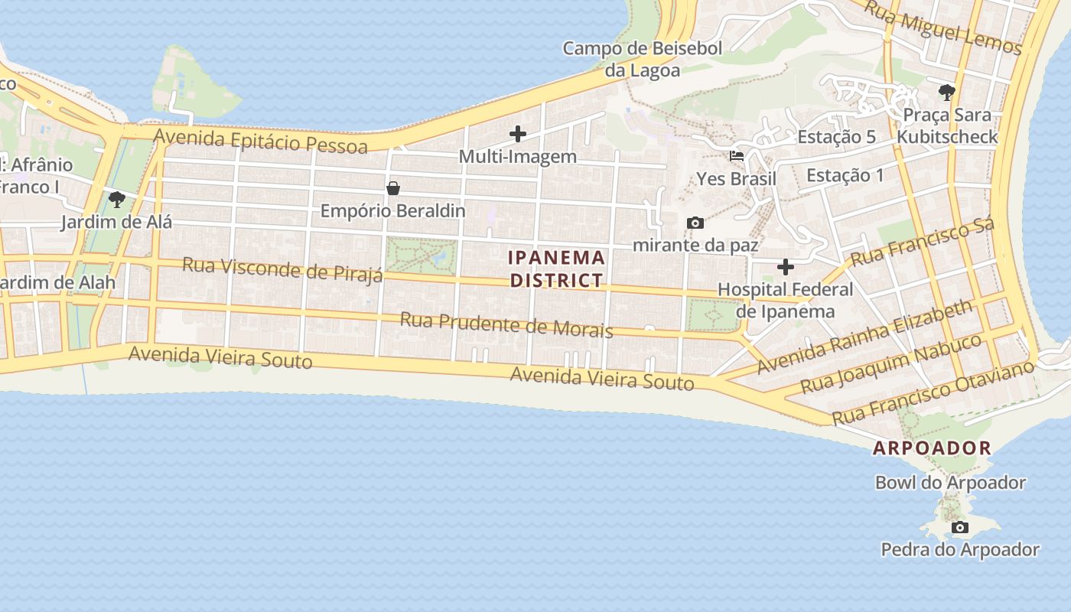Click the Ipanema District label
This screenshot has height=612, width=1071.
(557, 269)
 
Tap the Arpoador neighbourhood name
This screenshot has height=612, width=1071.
(932, 448)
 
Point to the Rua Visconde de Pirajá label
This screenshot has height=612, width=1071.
(282, 269)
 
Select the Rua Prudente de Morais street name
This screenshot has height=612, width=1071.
(506, 324)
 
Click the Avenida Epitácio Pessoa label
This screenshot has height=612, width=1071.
(261, 141)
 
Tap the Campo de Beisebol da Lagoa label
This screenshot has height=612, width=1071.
(643, 59)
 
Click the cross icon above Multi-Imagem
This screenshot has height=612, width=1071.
(518, 134)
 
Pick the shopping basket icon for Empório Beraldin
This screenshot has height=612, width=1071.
(393, 188)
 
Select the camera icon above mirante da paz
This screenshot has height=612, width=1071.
(695, 223)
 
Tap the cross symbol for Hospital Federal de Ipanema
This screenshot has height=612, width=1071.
(786, 267)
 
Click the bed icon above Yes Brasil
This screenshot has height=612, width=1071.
(737, 156)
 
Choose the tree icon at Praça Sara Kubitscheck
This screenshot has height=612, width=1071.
(947, 93)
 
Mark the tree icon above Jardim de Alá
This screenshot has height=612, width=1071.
(117, 200)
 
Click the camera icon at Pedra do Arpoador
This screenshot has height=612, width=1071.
(960, 527)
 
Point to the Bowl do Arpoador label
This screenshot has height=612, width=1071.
(950, 483)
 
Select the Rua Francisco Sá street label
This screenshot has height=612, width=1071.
(923, 242)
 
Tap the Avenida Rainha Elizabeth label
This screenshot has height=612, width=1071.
(864, 337)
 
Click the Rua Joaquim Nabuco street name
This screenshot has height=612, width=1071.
(890, 364)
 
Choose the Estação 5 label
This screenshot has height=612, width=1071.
(836, 137)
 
